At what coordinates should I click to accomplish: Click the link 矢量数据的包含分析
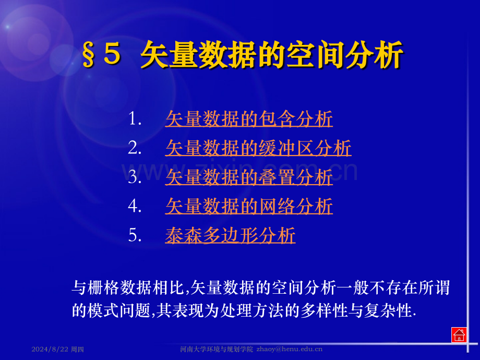pos(249,119)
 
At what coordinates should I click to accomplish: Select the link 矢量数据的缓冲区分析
pos(258,149)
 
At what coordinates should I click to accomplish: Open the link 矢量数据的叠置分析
pos(249,177)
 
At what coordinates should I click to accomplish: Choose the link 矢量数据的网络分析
pos(249,207)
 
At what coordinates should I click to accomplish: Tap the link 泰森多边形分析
pos(230,236)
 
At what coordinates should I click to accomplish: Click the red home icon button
pos(459,335)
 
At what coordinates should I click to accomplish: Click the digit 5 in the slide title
pos(112,55)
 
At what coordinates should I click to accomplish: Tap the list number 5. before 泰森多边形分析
pos(135,236)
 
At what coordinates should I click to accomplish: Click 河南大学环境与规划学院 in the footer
pos(216,349)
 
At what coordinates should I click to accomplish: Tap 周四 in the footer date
pos(77,349)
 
